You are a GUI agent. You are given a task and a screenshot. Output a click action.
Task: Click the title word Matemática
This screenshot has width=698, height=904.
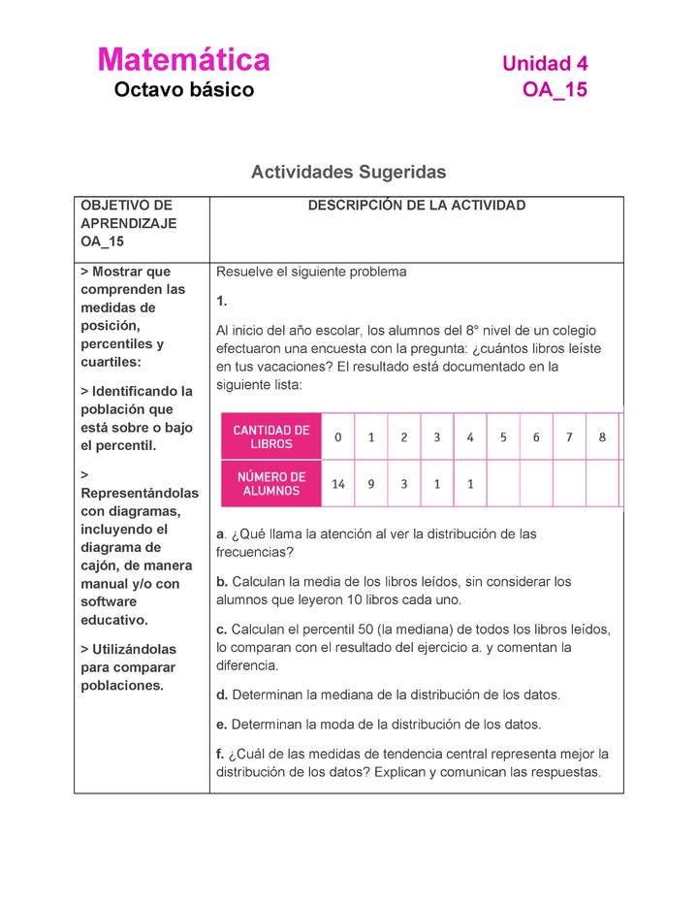tap(183, 60)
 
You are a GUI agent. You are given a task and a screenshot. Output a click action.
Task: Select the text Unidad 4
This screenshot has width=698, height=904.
tap(544, 64)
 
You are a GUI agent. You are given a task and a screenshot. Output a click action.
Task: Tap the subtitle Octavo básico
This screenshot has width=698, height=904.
tap(183, 91)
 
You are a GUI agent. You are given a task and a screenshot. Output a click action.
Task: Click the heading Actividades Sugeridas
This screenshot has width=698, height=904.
tap(348, 172)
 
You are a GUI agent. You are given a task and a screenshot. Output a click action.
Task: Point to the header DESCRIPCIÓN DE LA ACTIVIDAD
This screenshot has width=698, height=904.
tap(416, 206)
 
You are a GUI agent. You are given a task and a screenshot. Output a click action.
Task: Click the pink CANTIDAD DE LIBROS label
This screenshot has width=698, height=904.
tap(270, 436)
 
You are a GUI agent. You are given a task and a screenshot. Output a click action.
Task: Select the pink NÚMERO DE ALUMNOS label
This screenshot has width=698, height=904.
tap(270, 484)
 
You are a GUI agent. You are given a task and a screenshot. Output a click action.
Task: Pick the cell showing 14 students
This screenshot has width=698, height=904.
tap(337, 484)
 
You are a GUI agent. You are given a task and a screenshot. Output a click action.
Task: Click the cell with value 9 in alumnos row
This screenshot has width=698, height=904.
tap(370, 484)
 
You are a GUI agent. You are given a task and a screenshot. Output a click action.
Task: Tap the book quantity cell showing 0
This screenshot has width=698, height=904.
tap(337, 436)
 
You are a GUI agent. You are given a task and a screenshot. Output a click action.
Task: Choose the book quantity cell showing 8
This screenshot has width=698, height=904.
tap(602, 436)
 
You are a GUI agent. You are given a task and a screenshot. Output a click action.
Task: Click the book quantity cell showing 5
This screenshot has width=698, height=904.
tap(503, 436)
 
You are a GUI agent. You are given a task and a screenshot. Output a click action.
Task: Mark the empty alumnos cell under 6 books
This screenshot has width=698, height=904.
tap(536, 484)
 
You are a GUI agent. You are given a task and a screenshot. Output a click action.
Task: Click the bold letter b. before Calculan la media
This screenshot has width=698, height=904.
tap(222, 582)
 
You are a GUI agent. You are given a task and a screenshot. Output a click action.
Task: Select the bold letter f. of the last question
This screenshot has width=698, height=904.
tap(220, 754)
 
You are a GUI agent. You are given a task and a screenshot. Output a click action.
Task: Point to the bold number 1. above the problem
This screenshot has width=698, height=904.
tap(221, 302)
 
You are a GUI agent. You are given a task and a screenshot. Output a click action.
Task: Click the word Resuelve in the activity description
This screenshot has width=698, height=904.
tap(244, 272)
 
